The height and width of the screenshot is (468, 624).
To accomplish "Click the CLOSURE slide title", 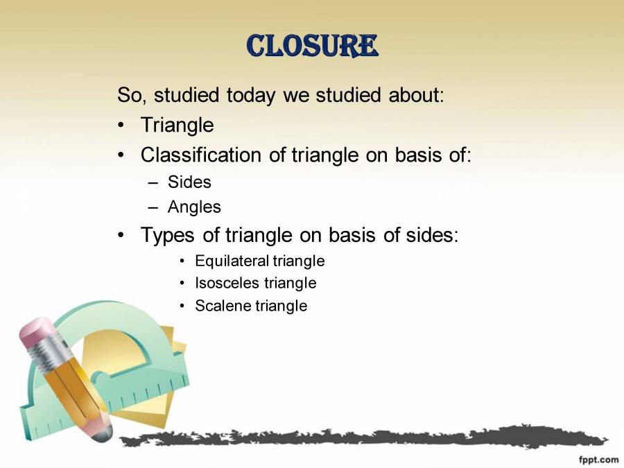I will (312, 46).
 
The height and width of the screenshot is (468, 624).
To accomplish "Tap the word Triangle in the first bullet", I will (177, 125).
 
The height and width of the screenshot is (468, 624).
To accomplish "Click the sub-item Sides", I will (189, 182).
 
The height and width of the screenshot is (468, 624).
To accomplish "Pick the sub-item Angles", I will (194, 207).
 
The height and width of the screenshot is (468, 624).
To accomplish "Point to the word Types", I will (169, 236).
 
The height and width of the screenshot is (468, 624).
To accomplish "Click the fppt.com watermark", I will (598, 459).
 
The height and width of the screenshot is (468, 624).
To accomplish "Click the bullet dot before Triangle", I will (122, 126).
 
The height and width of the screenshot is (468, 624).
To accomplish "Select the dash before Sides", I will (154, 183).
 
